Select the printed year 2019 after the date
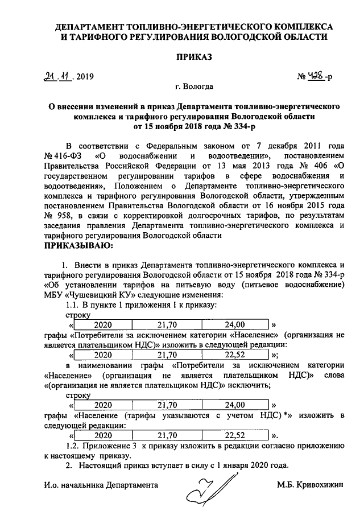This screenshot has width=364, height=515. click(x=86, y=77)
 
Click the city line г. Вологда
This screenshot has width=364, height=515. click(x=195, y=87)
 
